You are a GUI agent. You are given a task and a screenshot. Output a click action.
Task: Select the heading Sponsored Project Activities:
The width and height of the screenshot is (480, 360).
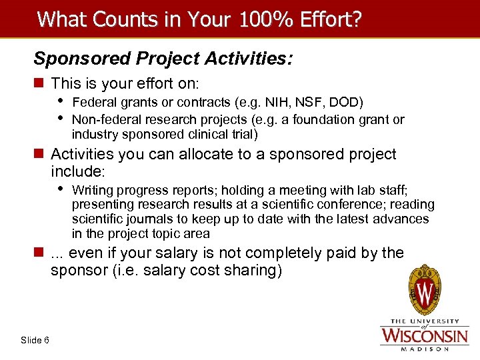tap(163, 59)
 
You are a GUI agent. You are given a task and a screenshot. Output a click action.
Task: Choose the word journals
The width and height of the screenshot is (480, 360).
tap(141, 219)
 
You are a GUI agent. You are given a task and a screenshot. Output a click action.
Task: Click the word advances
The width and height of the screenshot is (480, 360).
tap(404, 219)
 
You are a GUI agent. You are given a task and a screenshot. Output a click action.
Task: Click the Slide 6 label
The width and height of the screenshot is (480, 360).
tap(35, 341)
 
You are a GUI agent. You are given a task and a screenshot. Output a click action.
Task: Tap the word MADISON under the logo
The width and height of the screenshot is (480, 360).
tap(424, 347)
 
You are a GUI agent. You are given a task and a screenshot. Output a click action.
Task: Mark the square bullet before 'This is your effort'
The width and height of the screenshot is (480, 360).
tap(39, 84)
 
